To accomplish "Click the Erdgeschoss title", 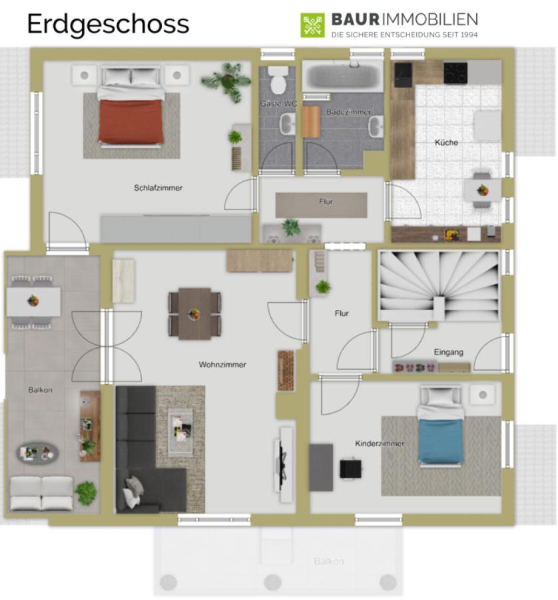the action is pos(108,25).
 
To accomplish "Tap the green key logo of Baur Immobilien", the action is pos(312,25).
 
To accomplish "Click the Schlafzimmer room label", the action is pos(158,188).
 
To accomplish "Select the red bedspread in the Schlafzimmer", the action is pos(131,122).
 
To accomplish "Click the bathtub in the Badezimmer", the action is pos(343,76).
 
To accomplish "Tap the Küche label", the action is pos(446,143).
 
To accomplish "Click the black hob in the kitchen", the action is pos(455,73).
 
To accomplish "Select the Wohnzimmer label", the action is pos(222,365).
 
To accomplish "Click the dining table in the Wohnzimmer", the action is pos(194,314).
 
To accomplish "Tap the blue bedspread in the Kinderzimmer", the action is pos(441,441).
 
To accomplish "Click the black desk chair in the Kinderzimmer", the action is pos(350,469).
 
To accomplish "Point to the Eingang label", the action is pos(448,352).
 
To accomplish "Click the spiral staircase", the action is pos(439,286).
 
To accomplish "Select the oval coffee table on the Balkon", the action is pos(37,453).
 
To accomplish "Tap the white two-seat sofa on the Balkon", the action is pos(41,493).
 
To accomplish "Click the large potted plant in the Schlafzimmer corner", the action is pos(226,81).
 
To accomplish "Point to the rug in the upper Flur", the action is pos(321,205).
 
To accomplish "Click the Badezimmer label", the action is pos(348,112).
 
